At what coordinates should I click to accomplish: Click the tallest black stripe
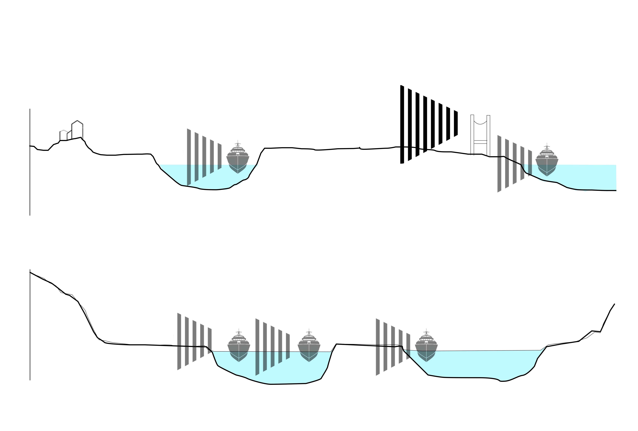(402, 124)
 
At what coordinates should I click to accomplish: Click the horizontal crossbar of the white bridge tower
(480, 142)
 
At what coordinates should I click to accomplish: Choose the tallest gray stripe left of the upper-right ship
(499, 164)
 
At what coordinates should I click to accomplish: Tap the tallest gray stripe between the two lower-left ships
(257, 347)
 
